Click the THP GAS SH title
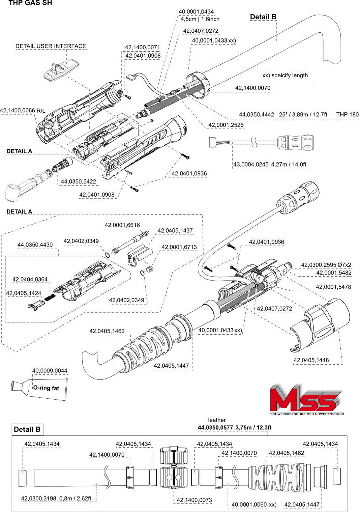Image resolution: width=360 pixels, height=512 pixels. tap(30, 3)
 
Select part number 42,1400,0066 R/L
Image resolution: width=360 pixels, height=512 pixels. tap(23, 110)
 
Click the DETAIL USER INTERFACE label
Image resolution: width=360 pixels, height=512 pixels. tap(51, 46)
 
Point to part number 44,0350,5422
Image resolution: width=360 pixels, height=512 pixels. tap(78, 181)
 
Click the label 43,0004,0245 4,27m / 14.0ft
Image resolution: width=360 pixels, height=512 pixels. tap(270, 165)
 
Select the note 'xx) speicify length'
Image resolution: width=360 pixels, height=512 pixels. tap(285, 75)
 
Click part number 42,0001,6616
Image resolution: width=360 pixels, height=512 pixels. tap(122, 225)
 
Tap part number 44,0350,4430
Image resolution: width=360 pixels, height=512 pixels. tap(35, 245)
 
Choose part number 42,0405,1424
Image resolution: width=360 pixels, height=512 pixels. tap(24, 293)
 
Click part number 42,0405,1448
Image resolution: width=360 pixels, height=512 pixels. tap(311, 360)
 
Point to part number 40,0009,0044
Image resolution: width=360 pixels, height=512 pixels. tap(50, 371)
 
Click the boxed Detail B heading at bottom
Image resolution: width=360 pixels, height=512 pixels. tap(27, 429)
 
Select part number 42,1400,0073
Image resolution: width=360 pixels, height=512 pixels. tap(194, 500)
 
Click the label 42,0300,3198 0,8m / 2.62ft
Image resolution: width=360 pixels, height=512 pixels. tap(56, 498)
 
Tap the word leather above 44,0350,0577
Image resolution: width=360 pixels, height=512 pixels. tap(217, 420)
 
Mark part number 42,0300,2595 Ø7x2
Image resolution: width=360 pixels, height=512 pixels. tap(326, 265)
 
